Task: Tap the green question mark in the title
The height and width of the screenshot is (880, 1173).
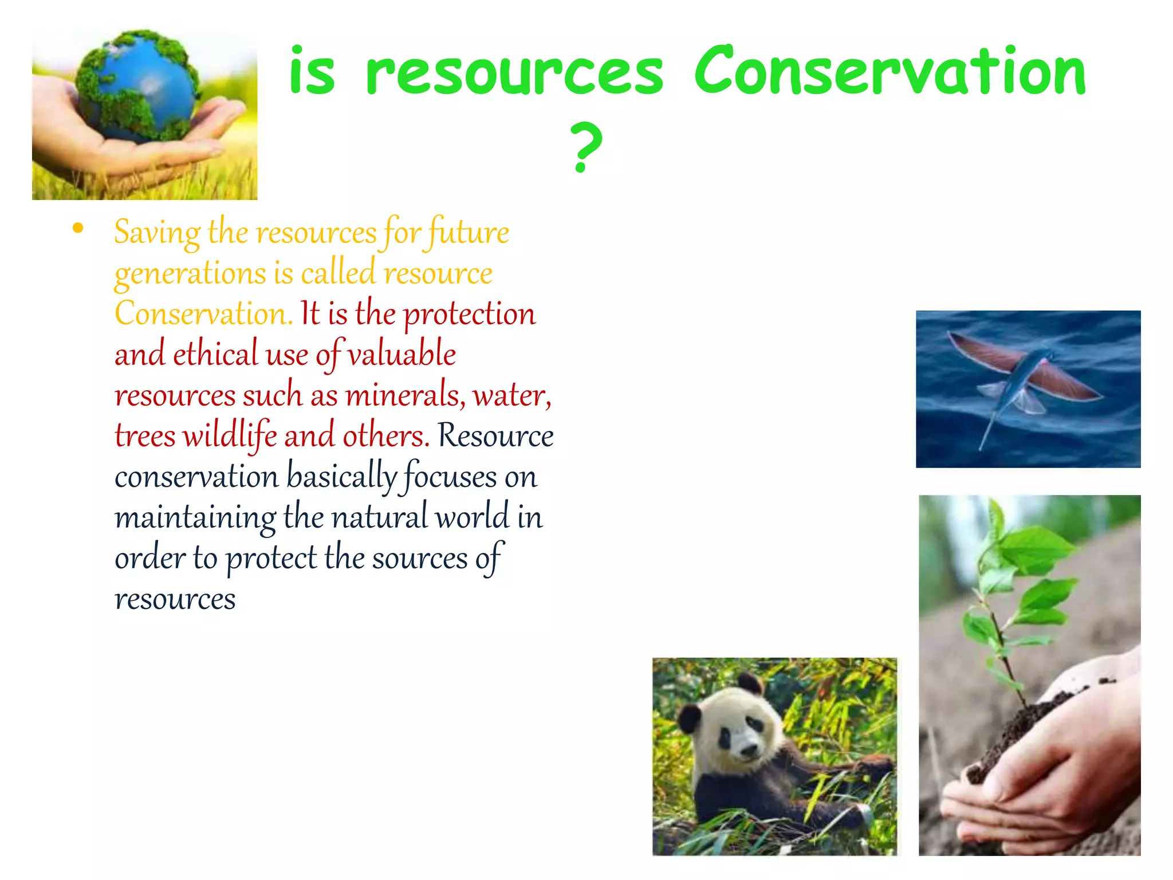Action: pos(586,148)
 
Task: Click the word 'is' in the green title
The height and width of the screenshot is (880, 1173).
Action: pos(312,72)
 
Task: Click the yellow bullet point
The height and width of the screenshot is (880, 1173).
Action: pos(78,229)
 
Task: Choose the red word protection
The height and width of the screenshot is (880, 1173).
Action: pos(469,315)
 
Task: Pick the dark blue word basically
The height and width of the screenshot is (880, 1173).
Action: pos(341,477)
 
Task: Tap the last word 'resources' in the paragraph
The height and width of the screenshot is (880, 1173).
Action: pos(175,600)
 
